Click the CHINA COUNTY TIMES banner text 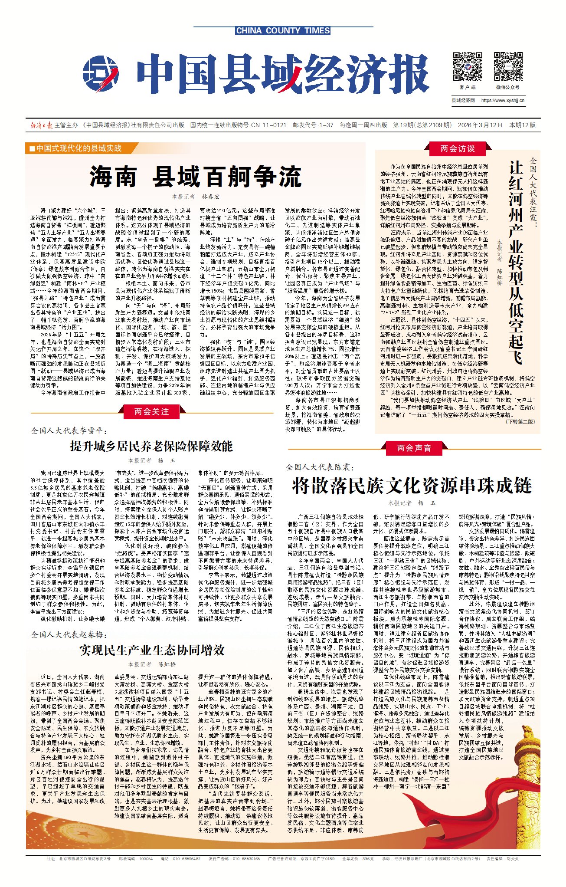[283, 31]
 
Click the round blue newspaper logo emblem [101, 74]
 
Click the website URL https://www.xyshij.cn [503, 100]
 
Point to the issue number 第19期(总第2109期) [422, 125]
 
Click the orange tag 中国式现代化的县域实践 [75, 148]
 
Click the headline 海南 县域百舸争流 [195, 176]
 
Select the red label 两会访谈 [457, 149]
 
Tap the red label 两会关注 [151, 411]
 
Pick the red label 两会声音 [414, 448]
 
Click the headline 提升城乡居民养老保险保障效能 [151, 446]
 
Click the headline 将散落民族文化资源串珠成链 [412, 485]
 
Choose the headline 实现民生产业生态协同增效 [151, 650]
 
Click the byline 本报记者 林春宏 [195, 197]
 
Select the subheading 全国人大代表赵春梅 [69, 634]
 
